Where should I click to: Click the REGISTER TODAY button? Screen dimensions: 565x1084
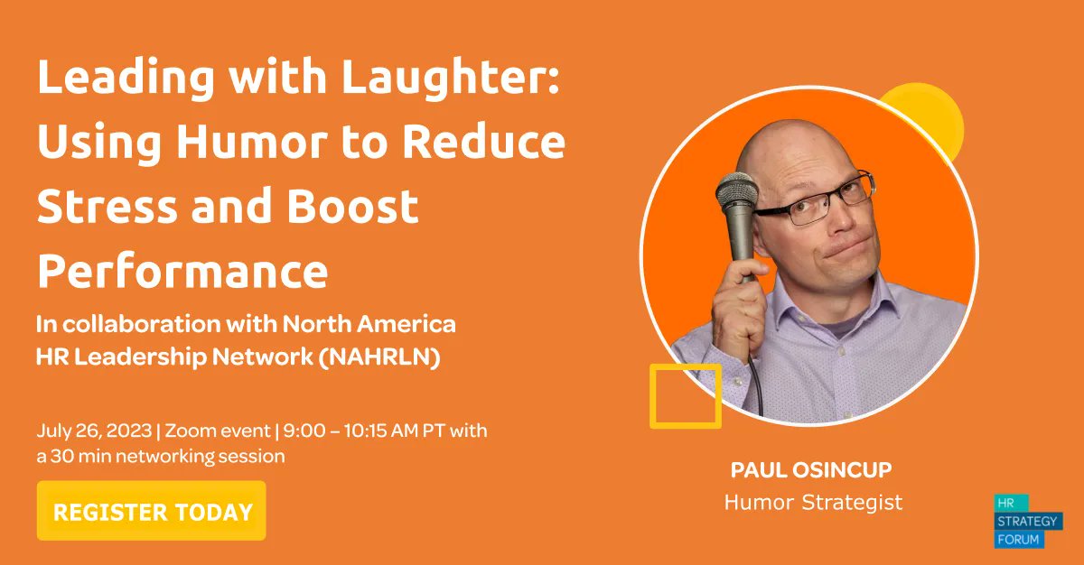pyautogui.click(x=152, y=512)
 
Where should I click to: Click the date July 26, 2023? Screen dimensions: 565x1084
pyautogui.click(x=94, y=431)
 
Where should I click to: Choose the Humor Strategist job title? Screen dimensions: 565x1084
pyautogui.click(x=813, y=503)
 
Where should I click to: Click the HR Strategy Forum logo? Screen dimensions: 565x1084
pyautogui.click(x=1029, y=521)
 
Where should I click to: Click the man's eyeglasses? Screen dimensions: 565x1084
pyautogui.click(x=818, y=201)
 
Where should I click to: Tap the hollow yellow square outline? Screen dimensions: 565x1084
pyautogui.click(x=685, y=395)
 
